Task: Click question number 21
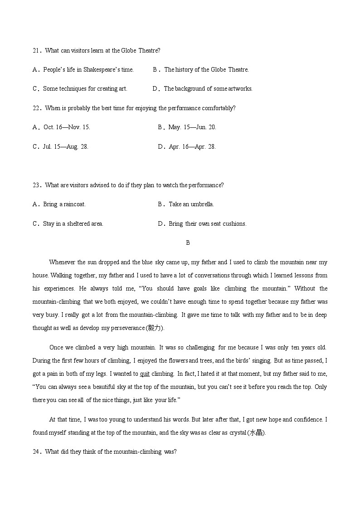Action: point(36,50)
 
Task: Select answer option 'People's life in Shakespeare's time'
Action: point(88,69)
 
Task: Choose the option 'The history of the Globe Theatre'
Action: point(206,69)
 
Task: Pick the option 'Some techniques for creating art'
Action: point(85,88)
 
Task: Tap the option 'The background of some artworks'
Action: point(208,88)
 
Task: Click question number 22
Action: point(36,108)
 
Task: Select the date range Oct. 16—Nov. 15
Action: point(67,127)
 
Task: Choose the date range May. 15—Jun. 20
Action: point(192,127)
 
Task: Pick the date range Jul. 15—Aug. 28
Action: point(66,146)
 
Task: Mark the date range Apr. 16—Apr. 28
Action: point(192,146)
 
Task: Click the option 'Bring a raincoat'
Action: point(64,204)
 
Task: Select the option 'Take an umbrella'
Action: point(191,204)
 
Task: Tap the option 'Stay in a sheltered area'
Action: point(73,223)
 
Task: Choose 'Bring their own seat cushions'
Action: point(207,223)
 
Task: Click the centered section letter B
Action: point(188,242)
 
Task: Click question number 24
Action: point(36,451)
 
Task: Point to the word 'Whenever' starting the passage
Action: point(62,262)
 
